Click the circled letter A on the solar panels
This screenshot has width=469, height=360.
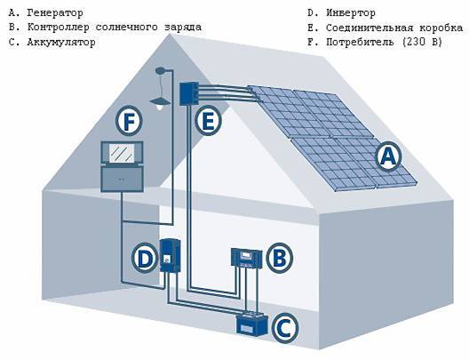(x=388, y=156)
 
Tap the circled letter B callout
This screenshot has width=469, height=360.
(x=280, y=258)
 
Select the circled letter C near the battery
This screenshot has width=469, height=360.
(x=285, y=328)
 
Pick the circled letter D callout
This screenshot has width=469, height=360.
(x=145, y=258)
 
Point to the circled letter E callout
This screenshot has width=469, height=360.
(x=208, y=121)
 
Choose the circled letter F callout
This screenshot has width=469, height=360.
(x=129, y=121)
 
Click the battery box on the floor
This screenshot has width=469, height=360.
(x=252, y=324)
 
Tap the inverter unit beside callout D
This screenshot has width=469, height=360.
(x=171, y=255)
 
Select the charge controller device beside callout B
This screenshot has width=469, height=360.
(x=246, y=258)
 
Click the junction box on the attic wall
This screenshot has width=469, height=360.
(x=188, y=93)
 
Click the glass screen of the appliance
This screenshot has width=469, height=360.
(x=122, y=153)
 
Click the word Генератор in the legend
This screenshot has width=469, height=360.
(x=55, y=12)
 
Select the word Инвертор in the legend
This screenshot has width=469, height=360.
(x=351, y=12)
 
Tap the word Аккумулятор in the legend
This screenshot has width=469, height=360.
(x=61, y=42)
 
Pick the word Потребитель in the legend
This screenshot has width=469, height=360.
(x=360, y=42)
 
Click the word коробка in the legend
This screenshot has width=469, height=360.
(x=441, y=28)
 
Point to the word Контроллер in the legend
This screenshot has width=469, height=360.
(x=59, y=28)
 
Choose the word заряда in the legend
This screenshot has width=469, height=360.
(x=183, y=28)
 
